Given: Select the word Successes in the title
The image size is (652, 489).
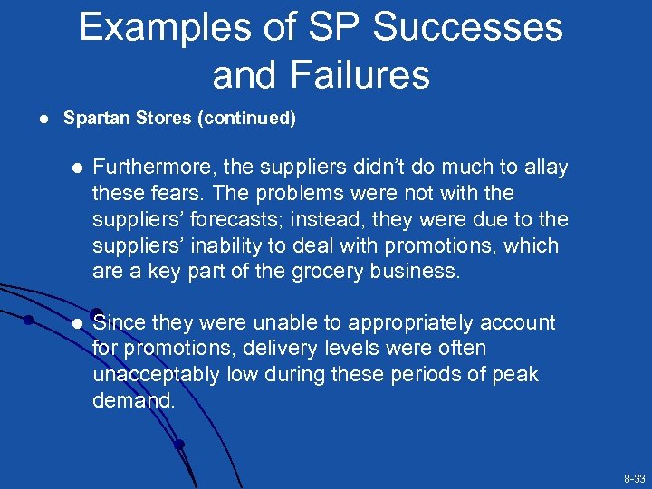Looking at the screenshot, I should click(x=468, y=28).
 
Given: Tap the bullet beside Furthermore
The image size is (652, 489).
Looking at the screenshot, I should click(x=77, y=168).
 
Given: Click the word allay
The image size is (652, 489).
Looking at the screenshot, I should click(x=543, y=168).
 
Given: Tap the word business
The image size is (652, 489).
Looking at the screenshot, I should click(x=420, y=272).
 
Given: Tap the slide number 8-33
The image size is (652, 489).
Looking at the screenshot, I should click(x=634, y=478).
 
